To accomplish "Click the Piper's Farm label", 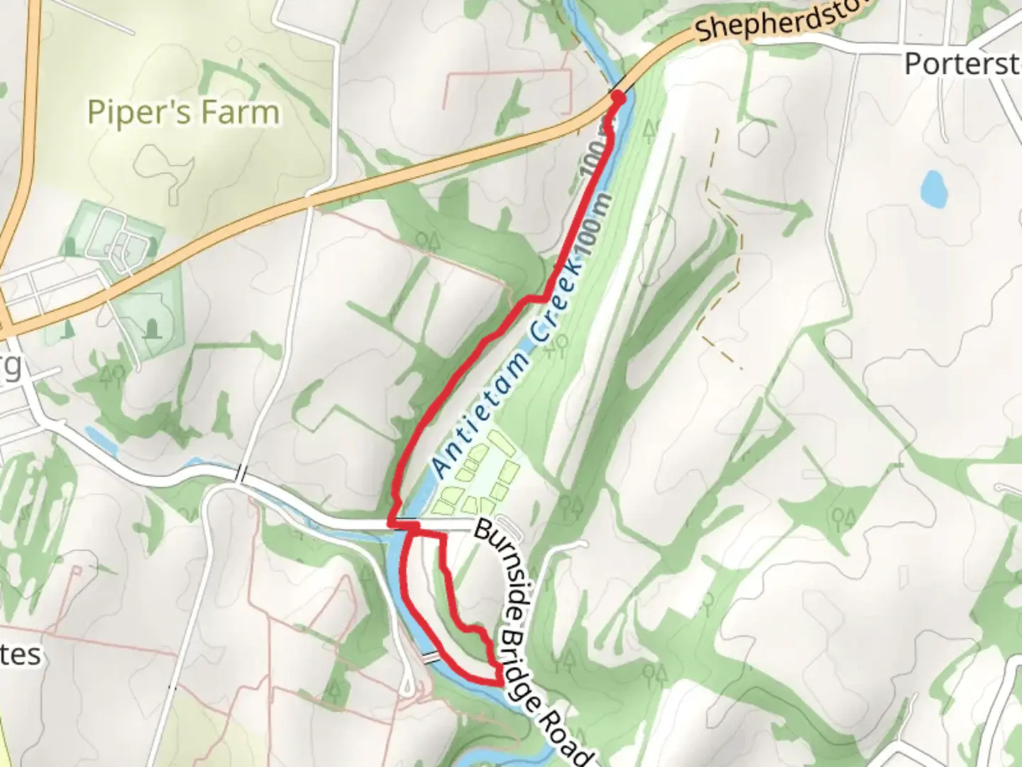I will coord(183,112).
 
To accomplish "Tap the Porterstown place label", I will coord(962,64).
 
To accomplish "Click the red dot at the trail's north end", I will coord(618,97).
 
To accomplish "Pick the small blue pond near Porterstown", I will coord(933,188).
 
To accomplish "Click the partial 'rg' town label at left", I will coord(10,366).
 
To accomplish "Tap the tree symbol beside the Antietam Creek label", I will coord(561,344).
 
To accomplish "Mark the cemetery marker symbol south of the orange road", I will coord(151,327).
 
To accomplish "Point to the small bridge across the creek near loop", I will coord(431,657).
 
